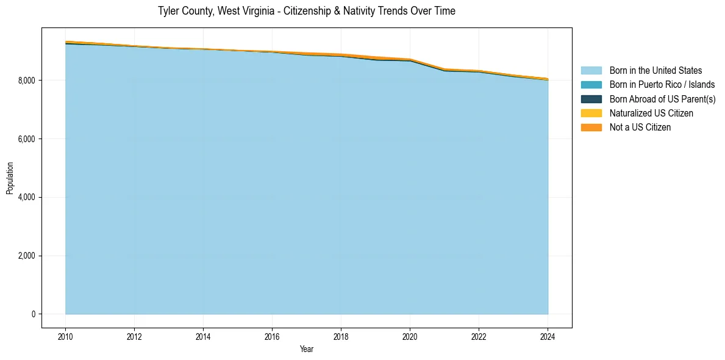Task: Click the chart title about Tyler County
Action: (306, 11)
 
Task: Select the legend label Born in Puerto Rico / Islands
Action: (662, 85)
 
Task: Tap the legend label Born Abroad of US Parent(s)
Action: (662, 99)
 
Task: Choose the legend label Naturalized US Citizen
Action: (651, 113)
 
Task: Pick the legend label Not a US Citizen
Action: (640, 128)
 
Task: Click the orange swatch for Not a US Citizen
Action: (591, 128)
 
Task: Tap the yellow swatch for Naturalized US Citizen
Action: (591, 113)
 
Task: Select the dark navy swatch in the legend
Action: (591, 99)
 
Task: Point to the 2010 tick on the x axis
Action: (65, 336)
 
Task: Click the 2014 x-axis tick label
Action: (203, 336)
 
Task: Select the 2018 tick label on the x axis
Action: (341, 336)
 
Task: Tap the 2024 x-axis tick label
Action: (548, 336)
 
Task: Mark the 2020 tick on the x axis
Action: (410, 336)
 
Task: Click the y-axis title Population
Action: (10, 178)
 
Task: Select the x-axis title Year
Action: (306, 349)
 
